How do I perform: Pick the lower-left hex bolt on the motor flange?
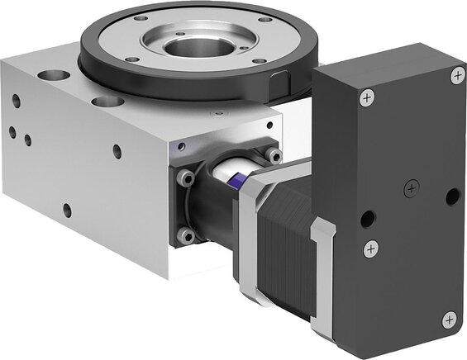point(187,235)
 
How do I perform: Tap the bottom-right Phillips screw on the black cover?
point(449,318)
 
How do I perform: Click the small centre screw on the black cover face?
point(408,189)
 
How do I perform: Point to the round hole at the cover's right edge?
point(451,197)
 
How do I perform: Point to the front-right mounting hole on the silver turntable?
point(259,60)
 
